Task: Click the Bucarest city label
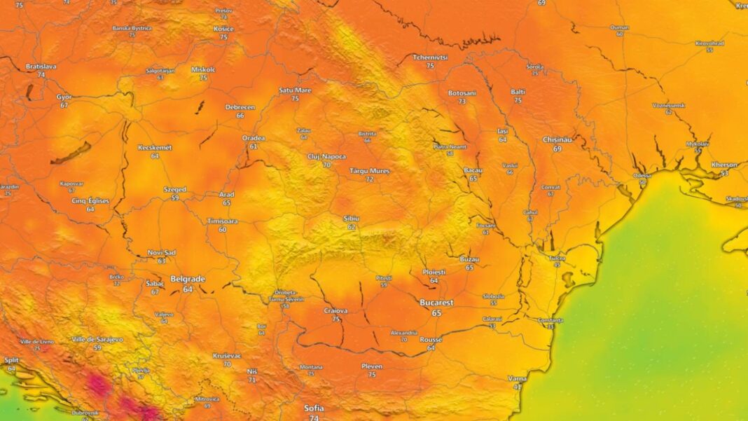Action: [x=436, y=303]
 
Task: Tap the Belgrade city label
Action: [x=188, y=279]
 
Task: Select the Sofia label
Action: [x=314, y=408]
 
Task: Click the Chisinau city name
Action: [x=557, y=139]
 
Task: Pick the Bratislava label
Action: [x=41, y=66]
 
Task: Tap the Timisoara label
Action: [x=222, y=221]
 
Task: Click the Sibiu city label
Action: [x=351, y=219]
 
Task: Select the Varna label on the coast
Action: [x=517, y=378]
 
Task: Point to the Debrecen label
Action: [x=240, y=107]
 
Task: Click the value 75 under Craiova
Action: [x=336, y=319]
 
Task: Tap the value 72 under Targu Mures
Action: [x=370, y=179]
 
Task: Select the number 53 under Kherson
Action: [x=724, y=173]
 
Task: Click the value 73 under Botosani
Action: [x=462, y=102]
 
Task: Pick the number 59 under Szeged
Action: [x=175, y=198]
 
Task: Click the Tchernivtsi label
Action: [x=430, y=57]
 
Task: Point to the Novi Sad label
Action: [x=161, y=252]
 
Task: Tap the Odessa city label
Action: [x=641, y=175]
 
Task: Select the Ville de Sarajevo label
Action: [x=97, y=339]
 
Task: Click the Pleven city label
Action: [x=372, y=366]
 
